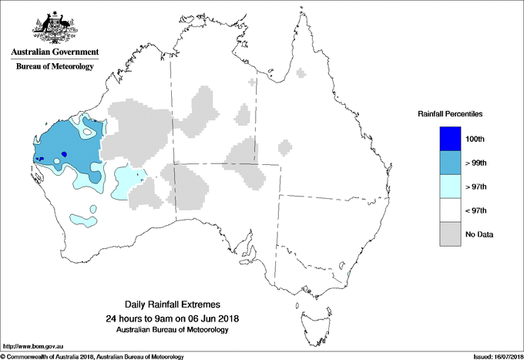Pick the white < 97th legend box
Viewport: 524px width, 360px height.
(452, 210)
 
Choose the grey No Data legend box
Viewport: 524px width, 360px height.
(452, 234)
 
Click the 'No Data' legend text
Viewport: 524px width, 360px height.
(480, 234)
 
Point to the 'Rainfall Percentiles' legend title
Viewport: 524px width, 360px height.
(451, 114)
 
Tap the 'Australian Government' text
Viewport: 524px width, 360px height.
(54, 52)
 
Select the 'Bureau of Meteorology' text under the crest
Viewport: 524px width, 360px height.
(54, 66)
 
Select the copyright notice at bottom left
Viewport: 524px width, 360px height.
(92, 356)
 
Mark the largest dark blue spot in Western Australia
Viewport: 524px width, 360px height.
(65, 154)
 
